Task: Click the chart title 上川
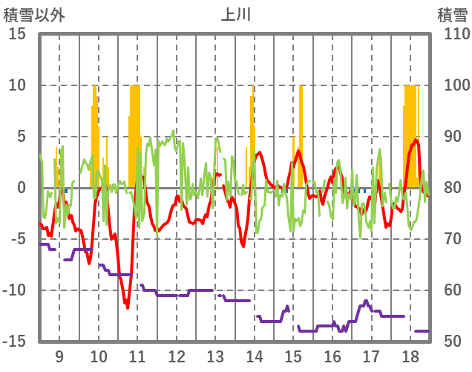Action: pyautogui.click(x=236, y=14)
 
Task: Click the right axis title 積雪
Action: pyautogui.click(x=451, y=15)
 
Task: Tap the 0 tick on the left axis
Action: pyautogui.click(x=22, y=188)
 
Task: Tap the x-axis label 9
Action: pyautogui.click(x=59, y=356)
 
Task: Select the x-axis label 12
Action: pyautogui.click(x=177, y=356)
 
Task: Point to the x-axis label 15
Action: pyautogui.click(x=294, y=356)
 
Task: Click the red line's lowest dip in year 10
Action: pyautogui.click(x=127, y=306)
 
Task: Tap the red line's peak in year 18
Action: pyautogui.click(x=416, y=140)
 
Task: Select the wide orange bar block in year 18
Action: pyautogui.click(x=410, y=134)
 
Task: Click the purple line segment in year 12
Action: pyautogui.click(x=177, y=295)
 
